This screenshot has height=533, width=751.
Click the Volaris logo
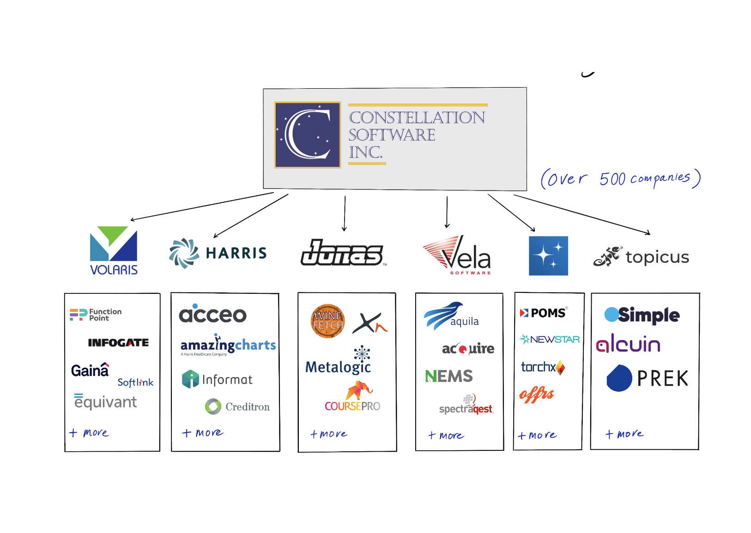coord(114,250)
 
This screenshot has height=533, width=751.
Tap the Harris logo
coord(218,253)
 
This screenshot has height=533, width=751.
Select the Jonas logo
coord(342,253)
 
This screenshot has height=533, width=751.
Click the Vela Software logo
coord(457,255)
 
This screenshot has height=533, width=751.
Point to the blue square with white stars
coord(548,256)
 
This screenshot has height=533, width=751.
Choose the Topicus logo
coord(641,257)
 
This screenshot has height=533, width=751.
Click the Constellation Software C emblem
coord(308,135)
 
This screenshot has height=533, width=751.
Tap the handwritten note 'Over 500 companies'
coord(620,179)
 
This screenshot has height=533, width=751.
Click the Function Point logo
coord(96,315)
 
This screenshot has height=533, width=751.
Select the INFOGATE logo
coord(118,343)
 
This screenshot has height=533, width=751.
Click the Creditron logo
coord(237,406)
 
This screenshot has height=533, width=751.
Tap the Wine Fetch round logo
coord(328,321)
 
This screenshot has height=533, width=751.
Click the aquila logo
coord(451,316)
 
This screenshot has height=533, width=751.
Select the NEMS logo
coord(449,376)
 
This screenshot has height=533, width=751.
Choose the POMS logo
coord(543,313)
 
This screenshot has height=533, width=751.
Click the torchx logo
coord(543,367)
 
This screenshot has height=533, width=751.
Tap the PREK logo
coord(647,378)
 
